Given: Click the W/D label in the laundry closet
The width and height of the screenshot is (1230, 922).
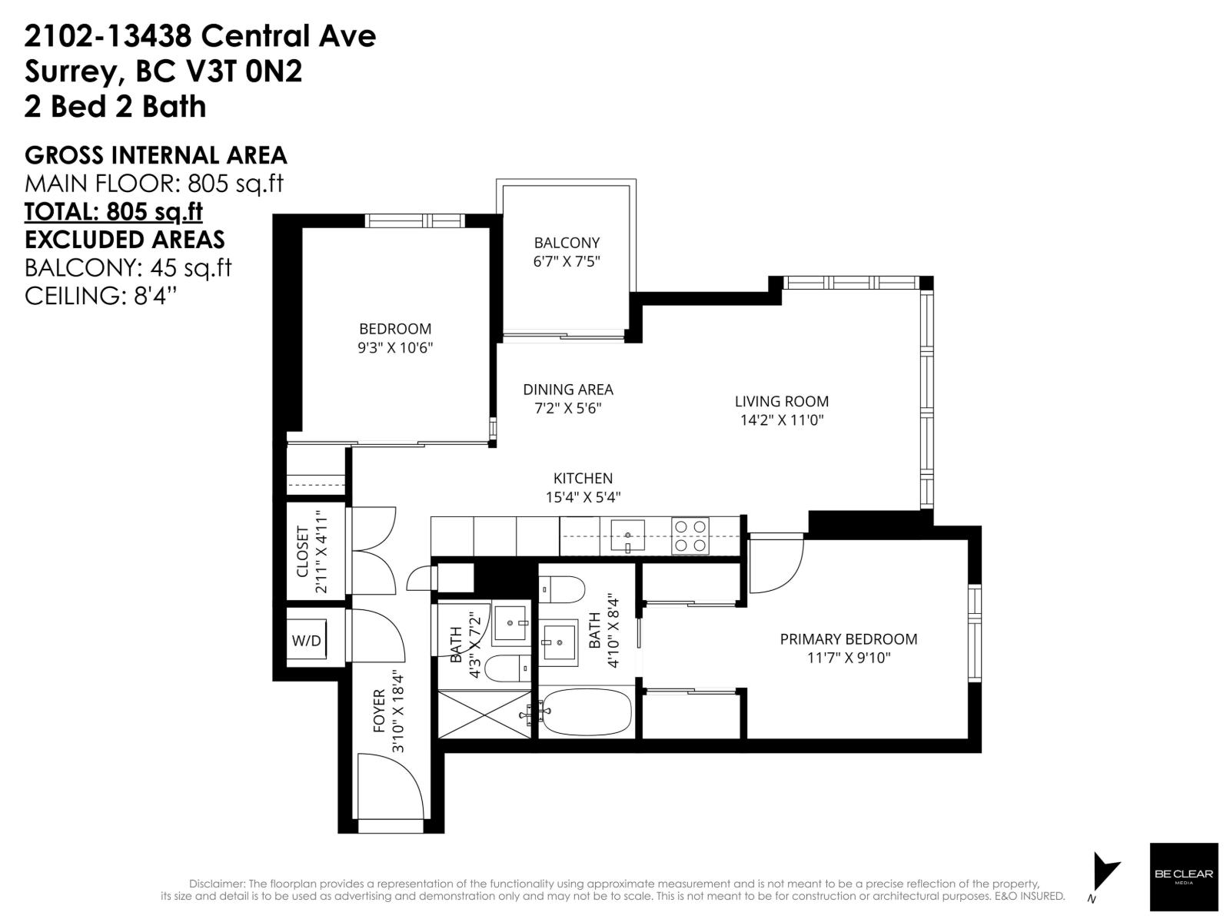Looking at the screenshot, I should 306,641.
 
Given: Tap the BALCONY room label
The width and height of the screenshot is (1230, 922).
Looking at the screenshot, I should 567,243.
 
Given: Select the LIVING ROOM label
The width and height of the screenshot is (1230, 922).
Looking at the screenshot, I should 781,401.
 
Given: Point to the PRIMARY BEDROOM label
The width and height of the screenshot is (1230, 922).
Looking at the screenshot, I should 848,639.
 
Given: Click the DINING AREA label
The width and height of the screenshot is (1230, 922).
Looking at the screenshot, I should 568,390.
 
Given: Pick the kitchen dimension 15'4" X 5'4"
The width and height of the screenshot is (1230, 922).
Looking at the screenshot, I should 583,497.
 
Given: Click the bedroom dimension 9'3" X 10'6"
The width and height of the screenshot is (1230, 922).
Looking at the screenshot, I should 395,347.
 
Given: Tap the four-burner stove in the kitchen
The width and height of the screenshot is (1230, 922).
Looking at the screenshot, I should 690,536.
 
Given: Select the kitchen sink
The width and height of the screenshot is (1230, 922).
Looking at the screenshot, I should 629,535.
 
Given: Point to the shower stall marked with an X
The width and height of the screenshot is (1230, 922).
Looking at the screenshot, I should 484,714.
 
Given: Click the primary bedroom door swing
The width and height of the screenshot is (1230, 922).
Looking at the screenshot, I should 775,565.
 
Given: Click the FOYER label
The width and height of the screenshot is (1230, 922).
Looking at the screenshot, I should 379,711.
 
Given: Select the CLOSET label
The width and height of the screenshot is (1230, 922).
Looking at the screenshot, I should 302,552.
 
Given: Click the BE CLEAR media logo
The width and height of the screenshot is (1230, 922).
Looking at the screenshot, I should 1183,876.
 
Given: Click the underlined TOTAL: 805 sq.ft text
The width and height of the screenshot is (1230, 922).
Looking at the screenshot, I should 114,211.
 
